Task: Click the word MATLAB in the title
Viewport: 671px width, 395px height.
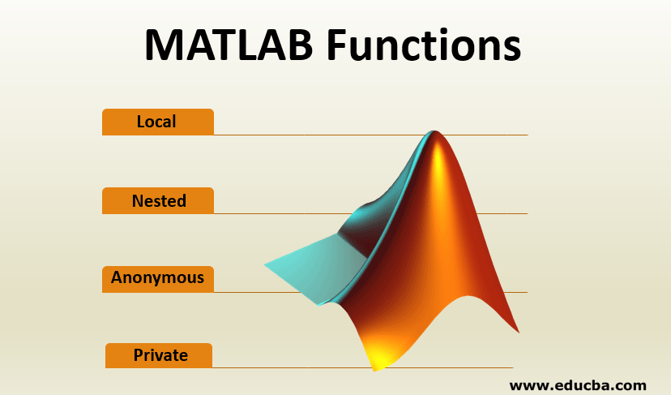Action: (x=229, y=45)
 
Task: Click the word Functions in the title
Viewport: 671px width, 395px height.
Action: (x=424, y=45)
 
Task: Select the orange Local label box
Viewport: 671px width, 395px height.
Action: (x=158, y=122)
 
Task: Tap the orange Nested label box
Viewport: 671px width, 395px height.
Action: (x=158, y=200)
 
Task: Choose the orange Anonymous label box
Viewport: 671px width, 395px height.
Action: (x=158, y=279)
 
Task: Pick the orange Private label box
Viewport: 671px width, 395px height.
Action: (x=159, y=355)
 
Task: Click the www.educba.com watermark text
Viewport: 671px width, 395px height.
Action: (x=578, y=385)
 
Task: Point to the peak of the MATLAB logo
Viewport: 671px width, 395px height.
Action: (x=435, y=131)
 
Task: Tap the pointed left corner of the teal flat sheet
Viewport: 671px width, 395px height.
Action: (x=265, y=265)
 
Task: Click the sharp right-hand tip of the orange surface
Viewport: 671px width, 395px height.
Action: (x=518, y=332)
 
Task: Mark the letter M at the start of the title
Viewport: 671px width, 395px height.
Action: (x=163, y=45)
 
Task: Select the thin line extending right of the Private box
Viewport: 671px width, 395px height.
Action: (x=292, y=367)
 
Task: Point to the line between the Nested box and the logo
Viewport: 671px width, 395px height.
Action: (x=284, y=213)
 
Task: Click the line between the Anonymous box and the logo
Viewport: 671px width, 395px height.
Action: (x=258, y=292)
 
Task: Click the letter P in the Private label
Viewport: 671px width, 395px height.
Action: (x=139, y=355)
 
